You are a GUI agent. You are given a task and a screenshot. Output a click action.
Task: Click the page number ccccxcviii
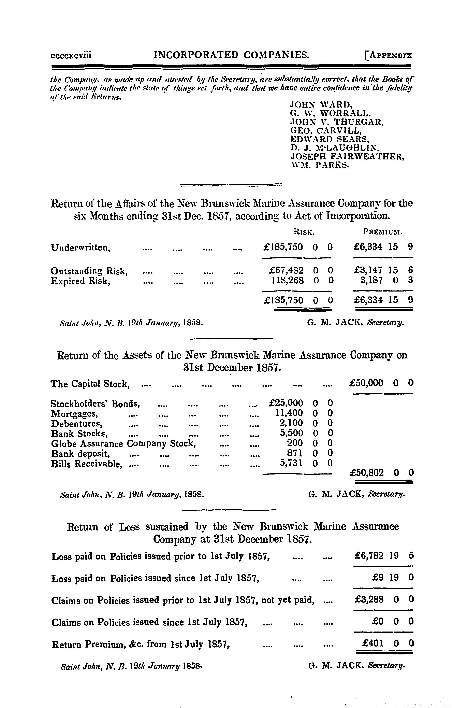tap(71, 55)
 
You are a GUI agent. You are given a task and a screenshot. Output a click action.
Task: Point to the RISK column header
tap(304, 232)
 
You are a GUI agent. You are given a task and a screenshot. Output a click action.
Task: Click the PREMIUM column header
tap(383, 232)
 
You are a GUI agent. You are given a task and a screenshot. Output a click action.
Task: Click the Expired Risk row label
tap(80, 281)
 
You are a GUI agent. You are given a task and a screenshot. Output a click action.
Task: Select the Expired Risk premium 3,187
tap(371, 280)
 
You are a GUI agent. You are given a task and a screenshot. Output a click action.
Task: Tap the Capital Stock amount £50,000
tap(366, 383)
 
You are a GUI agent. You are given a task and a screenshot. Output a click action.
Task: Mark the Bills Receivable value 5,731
tap(291, 463)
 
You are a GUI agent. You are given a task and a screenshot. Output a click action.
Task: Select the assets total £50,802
tap(367, 473)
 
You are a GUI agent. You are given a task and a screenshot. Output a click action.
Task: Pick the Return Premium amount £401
tap(373, 643)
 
